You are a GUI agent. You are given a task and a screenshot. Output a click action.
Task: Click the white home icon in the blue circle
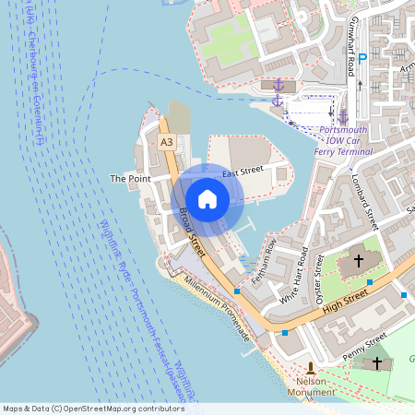click(x=207, y=198)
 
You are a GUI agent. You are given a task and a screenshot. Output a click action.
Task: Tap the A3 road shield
click(x=166, y=142)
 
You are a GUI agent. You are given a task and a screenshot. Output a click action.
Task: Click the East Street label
click(x=243, y=172)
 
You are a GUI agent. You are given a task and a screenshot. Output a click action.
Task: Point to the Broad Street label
click(x=192, y=227)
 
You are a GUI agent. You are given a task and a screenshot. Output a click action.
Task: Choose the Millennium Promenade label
click(x=218, y=310)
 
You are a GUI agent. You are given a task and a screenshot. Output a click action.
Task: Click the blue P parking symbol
click(x=362, y=57)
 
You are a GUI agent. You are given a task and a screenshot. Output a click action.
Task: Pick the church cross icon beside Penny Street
click(x=376, y=363)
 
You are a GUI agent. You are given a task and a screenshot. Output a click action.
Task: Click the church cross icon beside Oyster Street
click(x=356, y=262)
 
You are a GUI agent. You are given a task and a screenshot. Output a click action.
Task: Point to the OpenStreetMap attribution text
click(x=93, y=408)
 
